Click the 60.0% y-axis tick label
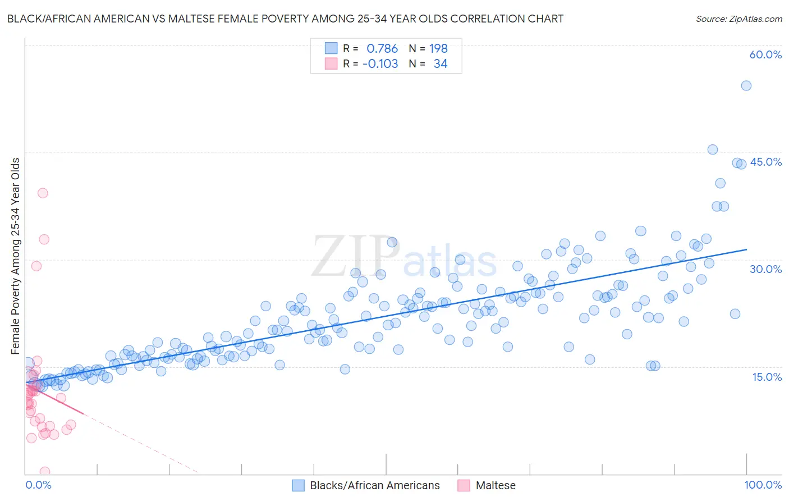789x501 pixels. (765, 54)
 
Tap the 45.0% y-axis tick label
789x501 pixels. (765, 162)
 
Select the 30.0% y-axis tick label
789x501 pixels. (765, 269)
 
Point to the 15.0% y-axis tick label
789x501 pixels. (767, 376)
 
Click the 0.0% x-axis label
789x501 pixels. (38, 485)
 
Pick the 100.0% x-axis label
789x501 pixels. (763, 485)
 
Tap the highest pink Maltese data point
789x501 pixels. (43, 193)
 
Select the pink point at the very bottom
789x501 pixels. (45, 472)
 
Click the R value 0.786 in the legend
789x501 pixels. (382, 49)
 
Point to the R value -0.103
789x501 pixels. (380, 64)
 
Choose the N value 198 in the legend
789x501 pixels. (438, 49)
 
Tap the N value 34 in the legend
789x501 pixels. (441, 64)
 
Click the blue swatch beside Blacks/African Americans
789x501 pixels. (299, 485)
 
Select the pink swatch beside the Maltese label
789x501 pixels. (464, 485)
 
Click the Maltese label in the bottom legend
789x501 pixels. (496, 485)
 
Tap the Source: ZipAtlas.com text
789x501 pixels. (738, 19)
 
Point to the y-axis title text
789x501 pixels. (16, 256)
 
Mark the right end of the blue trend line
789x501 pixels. (746, 249)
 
